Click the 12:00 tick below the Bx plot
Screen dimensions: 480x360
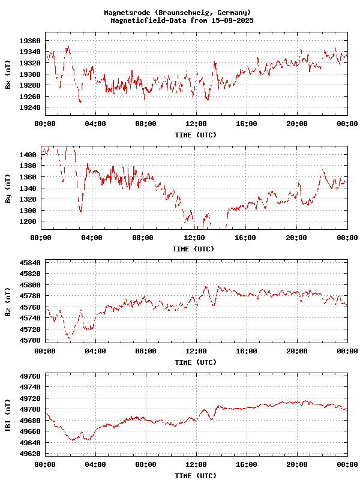pos(196,124)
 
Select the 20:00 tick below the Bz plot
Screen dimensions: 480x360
pos(297,351)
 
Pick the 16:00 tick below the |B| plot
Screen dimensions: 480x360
pos(247,465)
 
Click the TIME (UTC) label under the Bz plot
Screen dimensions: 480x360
pos(196,362)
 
